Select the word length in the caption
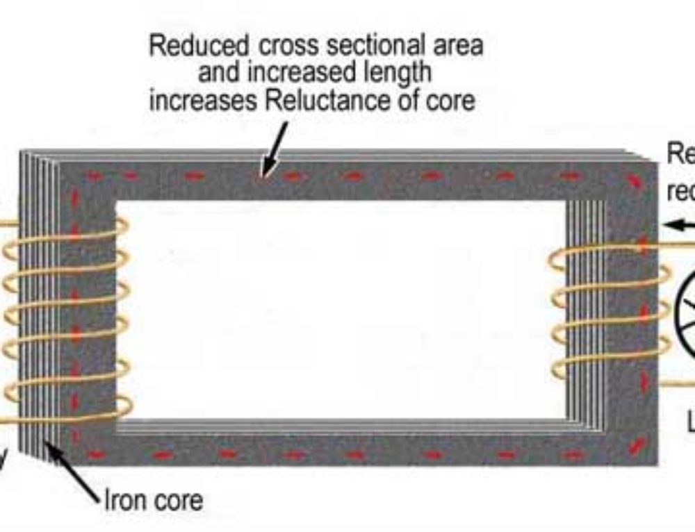pos(395,73)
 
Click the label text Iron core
pos(154,500)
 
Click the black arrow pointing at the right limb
pos(677,224)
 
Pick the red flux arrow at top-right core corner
pos(634,181)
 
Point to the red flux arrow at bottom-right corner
pos(635,445)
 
